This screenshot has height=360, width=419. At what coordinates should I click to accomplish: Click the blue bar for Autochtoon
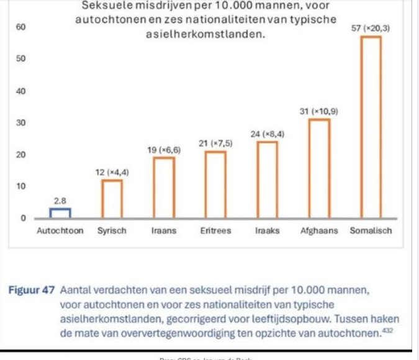click(60, 213)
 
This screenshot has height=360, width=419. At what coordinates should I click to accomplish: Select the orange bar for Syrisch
click(112, 199)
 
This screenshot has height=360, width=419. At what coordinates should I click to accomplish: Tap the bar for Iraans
click(164, 187)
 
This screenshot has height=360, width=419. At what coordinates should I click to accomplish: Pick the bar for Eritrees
click(216, 184)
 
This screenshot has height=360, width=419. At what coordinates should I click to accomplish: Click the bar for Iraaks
click(268, 179)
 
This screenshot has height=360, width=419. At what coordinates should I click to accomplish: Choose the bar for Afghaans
click(319, 168)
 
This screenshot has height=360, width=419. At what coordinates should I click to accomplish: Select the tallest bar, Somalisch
click(371, 127)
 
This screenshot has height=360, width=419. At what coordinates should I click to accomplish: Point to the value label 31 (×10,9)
click(319, 110)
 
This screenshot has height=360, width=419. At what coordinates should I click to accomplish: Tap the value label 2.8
click(60, 200)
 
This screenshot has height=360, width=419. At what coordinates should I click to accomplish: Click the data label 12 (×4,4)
click(112, 171)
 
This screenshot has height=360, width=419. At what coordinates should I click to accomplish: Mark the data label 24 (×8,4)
click(268, 133)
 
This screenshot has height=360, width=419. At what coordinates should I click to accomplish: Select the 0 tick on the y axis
click(22, 218)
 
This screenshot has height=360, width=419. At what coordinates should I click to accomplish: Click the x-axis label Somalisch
click(371, 231)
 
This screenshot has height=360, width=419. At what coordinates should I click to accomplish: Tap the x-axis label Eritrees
click(216, 231)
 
